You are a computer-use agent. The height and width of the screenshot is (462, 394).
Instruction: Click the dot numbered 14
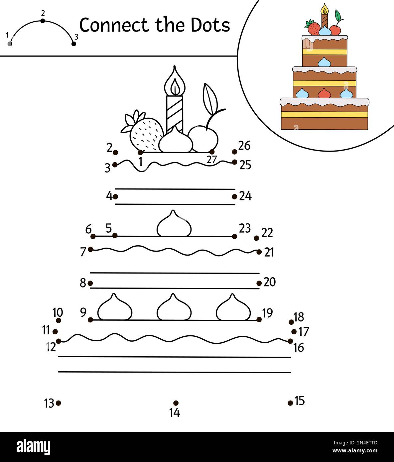(176, 403)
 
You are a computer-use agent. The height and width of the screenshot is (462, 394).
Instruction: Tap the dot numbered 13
(59, 403)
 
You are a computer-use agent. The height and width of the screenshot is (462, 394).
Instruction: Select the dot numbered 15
(290, 403)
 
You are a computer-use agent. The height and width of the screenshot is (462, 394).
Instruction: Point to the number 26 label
(244, 146)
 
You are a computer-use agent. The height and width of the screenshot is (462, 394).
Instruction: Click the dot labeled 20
(259, 283)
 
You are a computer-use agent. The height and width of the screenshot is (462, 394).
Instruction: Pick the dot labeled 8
(90, 283)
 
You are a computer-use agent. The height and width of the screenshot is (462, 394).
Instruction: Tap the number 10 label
(58, 312)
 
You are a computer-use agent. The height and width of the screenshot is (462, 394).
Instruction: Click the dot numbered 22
(256, 238)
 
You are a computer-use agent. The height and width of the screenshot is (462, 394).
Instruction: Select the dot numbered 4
(115, 196)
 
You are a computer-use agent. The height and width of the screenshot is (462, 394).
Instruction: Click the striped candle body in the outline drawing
(175, 113)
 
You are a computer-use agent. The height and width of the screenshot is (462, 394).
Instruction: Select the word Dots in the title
(210, 25)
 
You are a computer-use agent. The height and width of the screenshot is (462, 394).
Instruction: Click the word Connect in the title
(113, 25)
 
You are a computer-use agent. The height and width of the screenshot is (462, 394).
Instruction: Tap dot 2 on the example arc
(43, 21)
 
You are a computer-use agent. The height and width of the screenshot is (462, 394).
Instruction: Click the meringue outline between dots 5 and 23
(174, 224)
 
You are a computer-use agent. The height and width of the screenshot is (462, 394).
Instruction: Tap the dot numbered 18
(291, 322)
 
